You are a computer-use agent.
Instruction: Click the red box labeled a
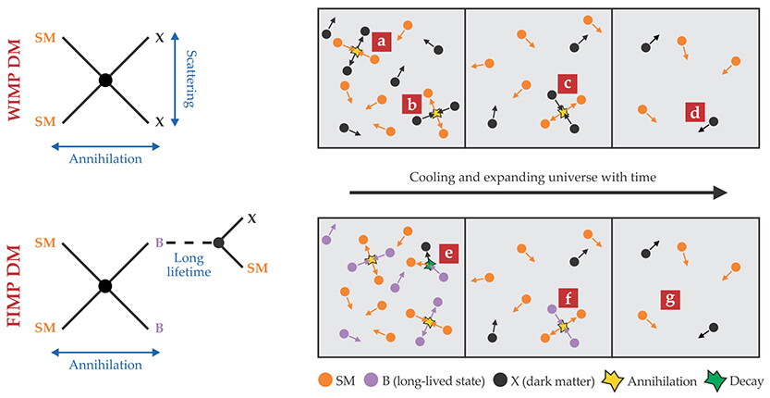[382, 42]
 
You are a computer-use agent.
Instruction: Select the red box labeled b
[411, 105]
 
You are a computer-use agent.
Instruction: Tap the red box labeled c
[568, 83]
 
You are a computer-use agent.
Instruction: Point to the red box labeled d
[695, 113]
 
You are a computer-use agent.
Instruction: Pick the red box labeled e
[448, 254]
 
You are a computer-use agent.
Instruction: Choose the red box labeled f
[568, 298]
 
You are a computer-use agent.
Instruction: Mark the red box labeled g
[670, 299]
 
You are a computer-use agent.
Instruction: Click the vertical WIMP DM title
[15, 79]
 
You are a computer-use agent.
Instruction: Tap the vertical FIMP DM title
[15, 286]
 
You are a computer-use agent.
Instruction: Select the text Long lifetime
[189, 264]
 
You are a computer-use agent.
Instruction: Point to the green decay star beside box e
[430, 264]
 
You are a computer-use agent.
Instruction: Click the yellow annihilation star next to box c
[563, 113]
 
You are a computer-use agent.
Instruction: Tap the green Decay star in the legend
[718, 381]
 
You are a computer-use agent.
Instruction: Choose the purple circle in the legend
[371, 380]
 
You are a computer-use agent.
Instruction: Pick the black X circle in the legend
[500, 380]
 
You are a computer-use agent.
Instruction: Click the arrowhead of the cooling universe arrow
[720, 193]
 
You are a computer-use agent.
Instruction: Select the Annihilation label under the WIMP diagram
[105, 159]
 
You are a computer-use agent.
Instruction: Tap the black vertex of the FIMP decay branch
[219, 243]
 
